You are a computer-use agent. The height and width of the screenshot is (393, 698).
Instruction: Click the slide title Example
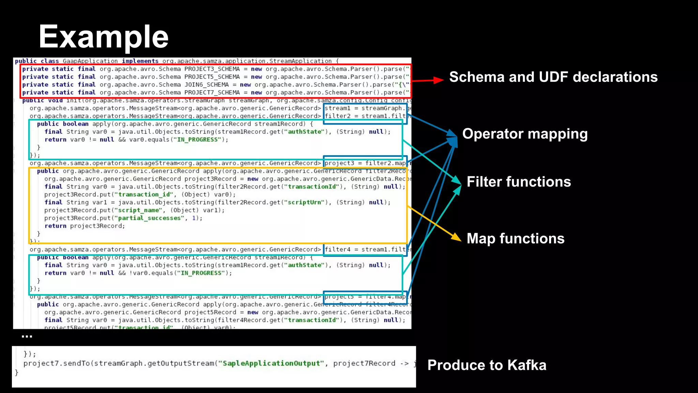coord(104,37)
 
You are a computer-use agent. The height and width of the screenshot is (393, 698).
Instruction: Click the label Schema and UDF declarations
coord(553,77)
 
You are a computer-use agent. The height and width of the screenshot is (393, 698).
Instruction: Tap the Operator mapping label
coord(525,134)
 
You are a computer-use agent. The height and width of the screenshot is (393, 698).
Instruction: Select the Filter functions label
coord(518,182)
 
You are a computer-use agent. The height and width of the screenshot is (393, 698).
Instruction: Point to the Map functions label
coord(515,238)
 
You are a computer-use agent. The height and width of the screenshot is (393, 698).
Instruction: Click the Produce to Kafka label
coord(487,365)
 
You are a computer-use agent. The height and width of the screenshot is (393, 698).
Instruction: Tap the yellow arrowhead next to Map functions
coord(456,237)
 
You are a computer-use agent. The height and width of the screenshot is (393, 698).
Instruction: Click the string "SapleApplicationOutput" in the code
coord(271,363)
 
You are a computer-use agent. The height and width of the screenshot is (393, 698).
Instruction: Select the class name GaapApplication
coord(90,61)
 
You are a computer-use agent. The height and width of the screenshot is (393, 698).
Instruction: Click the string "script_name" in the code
coord(140,210)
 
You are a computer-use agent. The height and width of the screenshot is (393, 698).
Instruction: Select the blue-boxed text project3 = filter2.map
coord(365,163)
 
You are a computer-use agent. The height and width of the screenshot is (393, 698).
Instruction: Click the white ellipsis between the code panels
coord(27,337)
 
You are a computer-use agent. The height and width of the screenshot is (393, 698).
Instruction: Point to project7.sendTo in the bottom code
coord(57,363)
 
